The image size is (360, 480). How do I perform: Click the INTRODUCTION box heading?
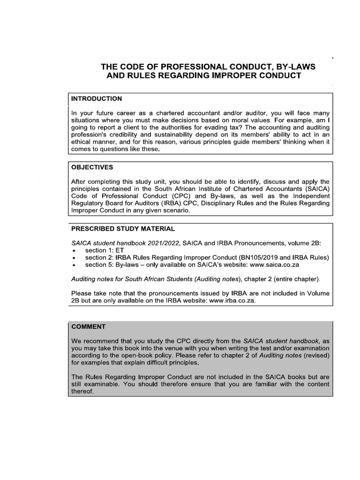tap(96, 99)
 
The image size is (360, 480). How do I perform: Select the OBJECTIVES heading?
tap(92, 167)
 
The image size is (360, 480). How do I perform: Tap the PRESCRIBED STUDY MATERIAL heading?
tap(123, 229)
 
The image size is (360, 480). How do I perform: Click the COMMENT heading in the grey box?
tap(89, 326)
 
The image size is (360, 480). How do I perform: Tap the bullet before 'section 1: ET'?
tap(74, 251)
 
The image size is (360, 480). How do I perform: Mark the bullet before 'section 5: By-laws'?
tap(74, 265)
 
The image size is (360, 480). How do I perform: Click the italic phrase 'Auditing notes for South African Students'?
tap(153, 279)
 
